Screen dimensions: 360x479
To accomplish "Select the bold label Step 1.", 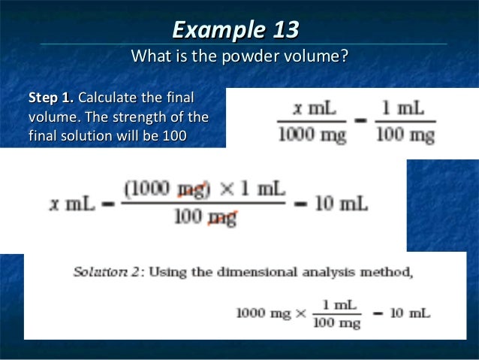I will pos(51,98).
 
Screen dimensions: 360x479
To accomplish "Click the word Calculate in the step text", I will pos(107,98).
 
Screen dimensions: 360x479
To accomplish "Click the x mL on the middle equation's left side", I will pos(73,204).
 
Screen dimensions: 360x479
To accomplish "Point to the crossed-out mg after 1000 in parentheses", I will pos(191,189).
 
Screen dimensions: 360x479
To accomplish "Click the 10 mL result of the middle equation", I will pos(342,204).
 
